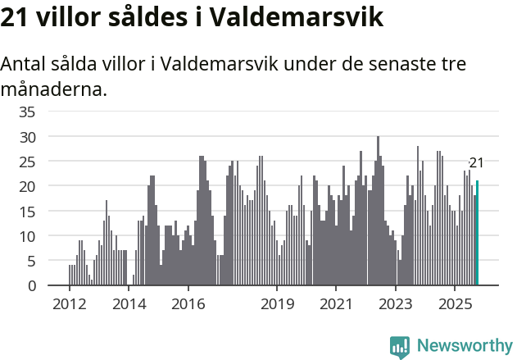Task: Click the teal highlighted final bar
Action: click(x=477, y=234)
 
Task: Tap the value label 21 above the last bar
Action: click(x=476, y=163)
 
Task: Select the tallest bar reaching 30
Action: click(x=378, y=211)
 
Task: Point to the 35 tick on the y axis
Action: click(x=27, y=112)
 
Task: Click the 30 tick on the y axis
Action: click(x=27, y=136)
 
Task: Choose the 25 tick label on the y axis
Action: click(x=27, y=162)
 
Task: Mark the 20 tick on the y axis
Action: click(x=27, y=186)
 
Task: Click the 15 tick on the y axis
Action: click(x=27, y=211)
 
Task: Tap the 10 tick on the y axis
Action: click(x=27, y=236)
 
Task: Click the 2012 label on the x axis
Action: click(x=69, y=304)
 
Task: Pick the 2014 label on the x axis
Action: click(x=129, y=304)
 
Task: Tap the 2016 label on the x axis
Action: click(x=188, y=304)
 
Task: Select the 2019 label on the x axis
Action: click(x=277, y=304)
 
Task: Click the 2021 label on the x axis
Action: click(x=336, y=304)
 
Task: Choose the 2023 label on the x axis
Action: click(x=396, y=304)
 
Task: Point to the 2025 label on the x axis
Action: click(x=455, y=304)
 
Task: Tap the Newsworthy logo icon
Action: click(x=400, y=347)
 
